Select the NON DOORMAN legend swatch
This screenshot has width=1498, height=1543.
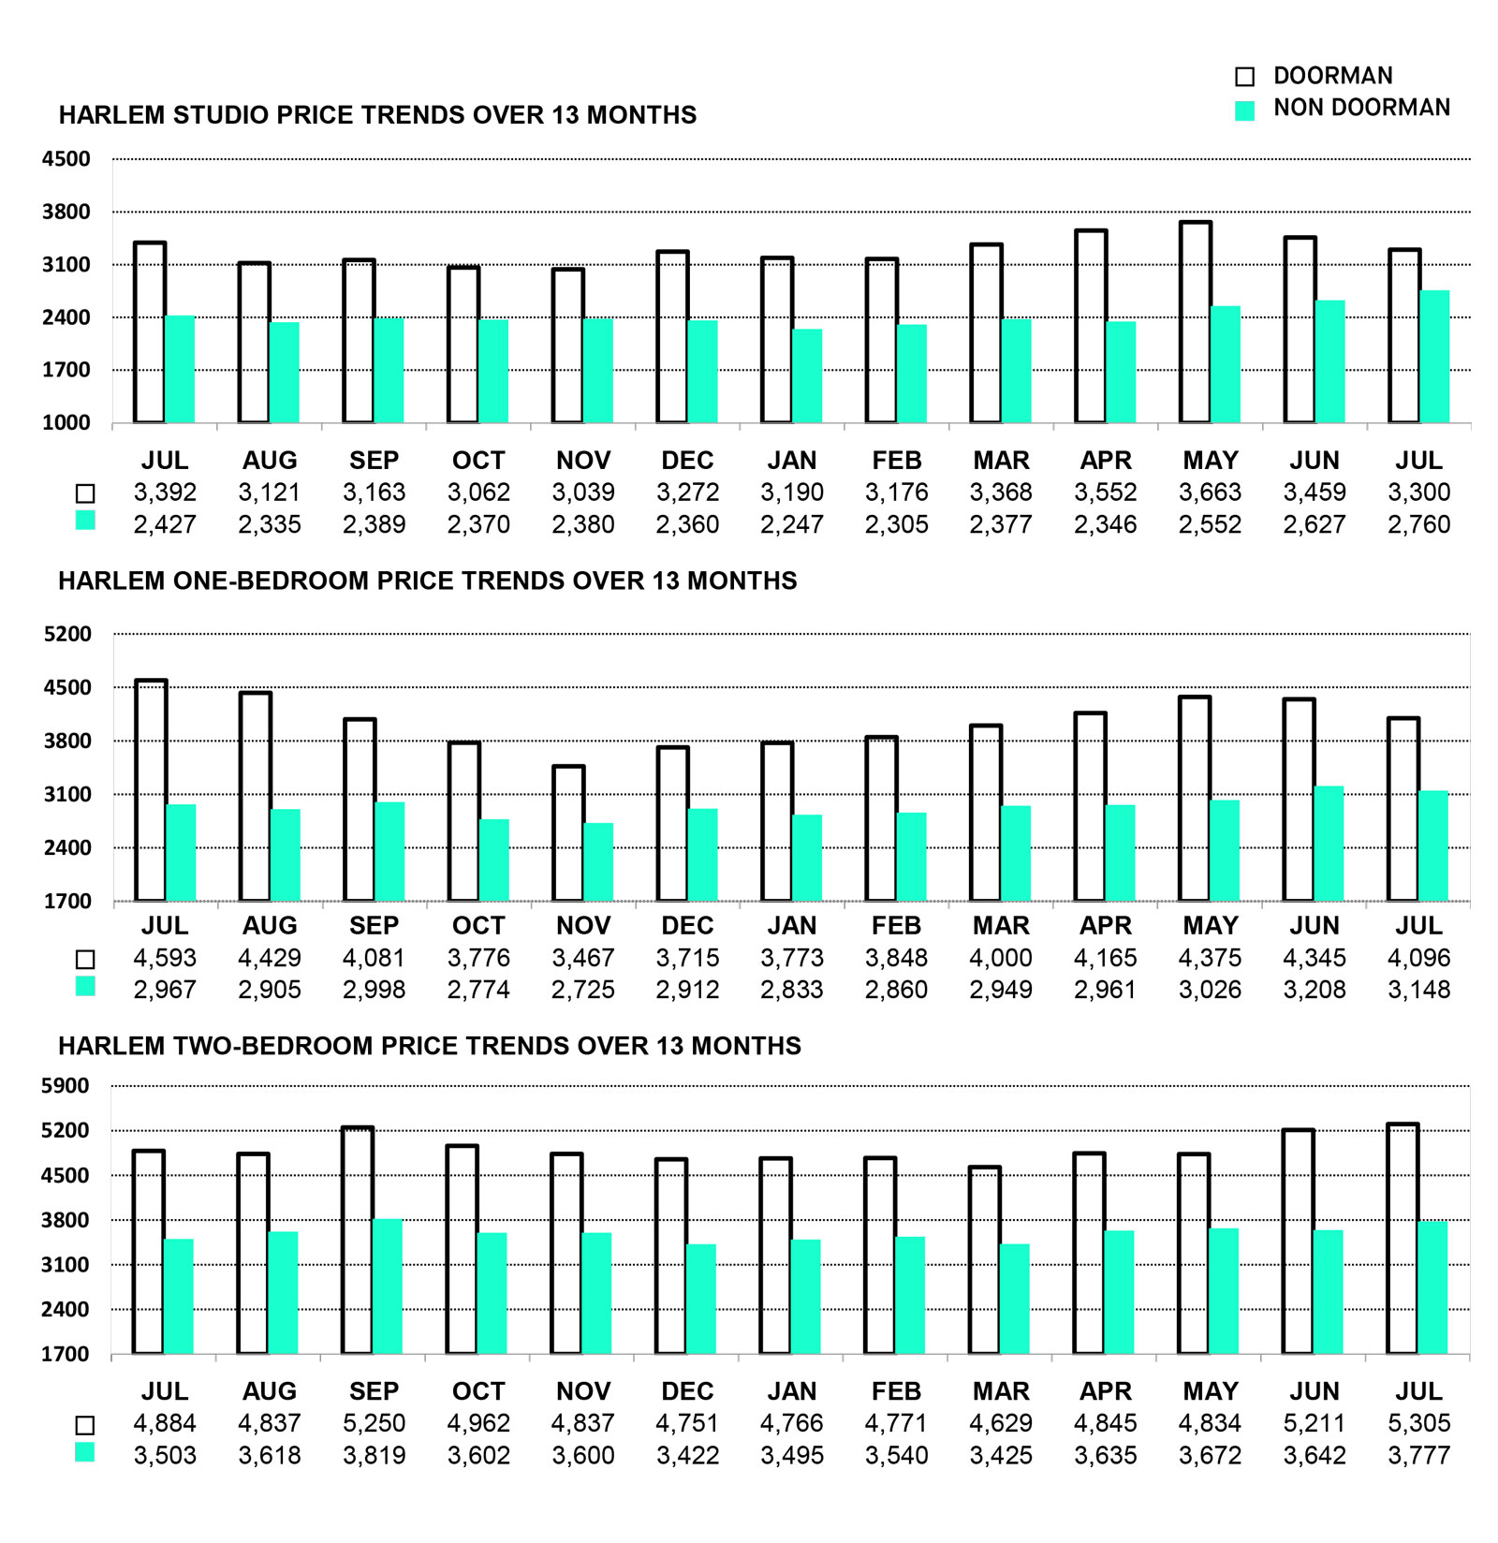[1244, 110]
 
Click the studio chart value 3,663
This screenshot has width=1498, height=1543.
[1210, 492]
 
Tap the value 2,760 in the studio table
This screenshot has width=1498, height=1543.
[1418, 524]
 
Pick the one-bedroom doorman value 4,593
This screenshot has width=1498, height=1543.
[165, 958]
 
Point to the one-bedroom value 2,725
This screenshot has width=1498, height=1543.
[582, 990]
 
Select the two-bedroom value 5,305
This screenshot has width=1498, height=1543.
[1418, 1423]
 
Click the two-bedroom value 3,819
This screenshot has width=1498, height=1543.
[374, 1456]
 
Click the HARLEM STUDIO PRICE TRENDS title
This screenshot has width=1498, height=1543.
[377, 115]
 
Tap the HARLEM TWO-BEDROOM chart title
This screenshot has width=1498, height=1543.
[430, 1046]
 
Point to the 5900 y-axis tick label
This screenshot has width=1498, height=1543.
[66, 1086]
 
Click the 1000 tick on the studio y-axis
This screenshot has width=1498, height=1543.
[66, 423]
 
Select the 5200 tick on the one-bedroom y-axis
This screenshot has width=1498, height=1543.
[67, 634]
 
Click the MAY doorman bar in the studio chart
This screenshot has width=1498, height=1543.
[1196, 322]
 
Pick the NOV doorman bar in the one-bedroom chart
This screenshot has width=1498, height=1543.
[568, 833]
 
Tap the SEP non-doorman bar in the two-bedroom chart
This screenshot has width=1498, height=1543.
[387, 1286]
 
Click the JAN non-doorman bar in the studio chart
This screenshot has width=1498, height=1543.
[807, 376]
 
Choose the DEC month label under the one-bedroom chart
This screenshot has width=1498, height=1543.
[687, 926]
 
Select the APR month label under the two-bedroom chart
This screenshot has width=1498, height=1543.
[1106, 1391]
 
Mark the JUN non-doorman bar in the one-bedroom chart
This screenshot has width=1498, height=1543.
[1329, 844]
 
